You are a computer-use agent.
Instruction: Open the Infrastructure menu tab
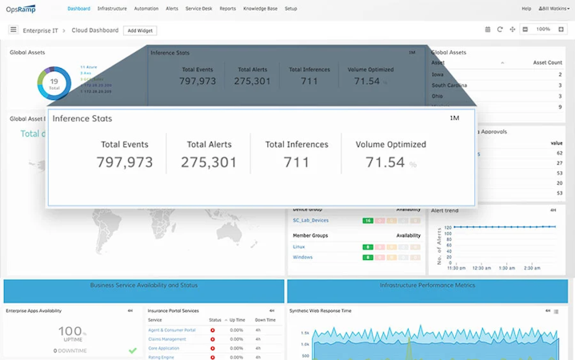[x=112, y=9]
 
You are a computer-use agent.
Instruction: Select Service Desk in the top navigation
[x=198, y=9]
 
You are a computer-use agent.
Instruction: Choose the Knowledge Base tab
[x=260, y=9]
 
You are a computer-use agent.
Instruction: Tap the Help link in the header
[x=526, y=9]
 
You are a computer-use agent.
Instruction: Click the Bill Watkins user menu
[x=554, y=9]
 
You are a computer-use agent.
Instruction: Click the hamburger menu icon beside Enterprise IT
[x=13, y=30]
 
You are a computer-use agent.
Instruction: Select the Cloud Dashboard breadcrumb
[x=94, y=30]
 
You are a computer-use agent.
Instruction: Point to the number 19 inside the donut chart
[x=54, y=82]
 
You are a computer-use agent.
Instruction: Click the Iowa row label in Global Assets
[x=437, y=74]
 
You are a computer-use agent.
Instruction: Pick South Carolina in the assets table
[x=449, y=85]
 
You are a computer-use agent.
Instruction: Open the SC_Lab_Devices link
[x=310, y=221]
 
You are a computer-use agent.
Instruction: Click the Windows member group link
[x=302, y=258]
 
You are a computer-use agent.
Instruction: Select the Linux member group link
[x=299, y=247]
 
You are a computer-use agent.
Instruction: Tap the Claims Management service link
[x=167, y=339]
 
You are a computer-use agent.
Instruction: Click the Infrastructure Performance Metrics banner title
[x=427, y=286]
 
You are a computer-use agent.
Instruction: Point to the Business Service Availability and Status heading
[x=144, y=286]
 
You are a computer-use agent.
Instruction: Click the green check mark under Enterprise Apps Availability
[x=133, y=350]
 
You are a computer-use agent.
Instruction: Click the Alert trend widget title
[x=445, y=210]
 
